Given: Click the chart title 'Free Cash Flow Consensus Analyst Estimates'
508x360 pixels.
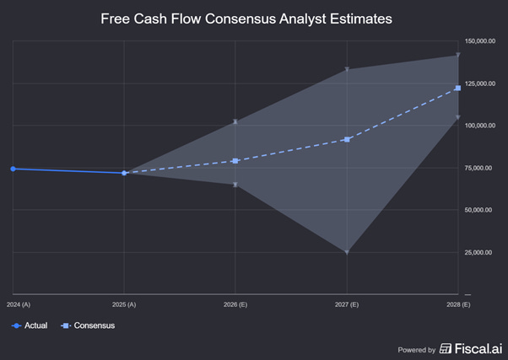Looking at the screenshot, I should (246, 18).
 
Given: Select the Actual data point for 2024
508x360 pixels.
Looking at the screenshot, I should (13, 169).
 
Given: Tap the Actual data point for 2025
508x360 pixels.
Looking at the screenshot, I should (124, 173).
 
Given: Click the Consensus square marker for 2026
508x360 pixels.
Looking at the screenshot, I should (235, 161).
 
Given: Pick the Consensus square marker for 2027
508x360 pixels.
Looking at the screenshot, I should (347, 139).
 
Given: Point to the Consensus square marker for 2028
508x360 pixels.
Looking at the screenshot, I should (457, 89).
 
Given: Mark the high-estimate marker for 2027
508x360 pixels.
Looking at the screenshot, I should (347, 69).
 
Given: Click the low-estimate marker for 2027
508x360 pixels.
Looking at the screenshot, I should (347, 252).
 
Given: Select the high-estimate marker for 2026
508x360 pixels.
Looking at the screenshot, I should (235, 121).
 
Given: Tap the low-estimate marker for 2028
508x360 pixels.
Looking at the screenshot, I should (457, 117).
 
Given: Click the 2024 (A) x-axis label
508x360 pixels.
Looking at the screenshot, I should (18, 303).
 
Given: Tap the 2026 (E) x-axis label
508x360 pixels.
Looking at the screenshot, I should (235, 303).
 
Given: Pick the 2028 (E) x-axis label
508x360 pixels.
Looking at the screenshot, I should (457, 303).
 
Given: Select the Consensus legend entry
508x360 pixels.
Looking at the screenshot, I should (88, 325).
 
